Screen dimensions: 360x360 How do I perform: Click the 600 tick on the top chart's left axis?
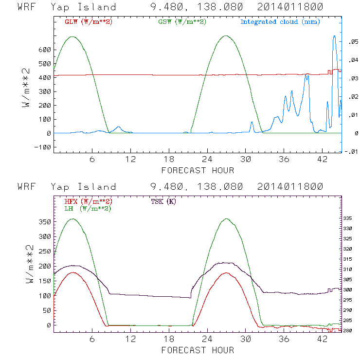click(x=45, y=50)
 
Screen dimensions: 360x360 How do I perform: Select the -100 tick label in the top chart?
click(x=43, y=147)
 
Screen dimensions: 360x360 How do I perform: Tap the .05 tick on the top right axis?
click(x=353, y=42)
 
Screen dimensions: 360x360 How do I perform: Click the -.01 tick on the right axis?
click(x=352, y=151)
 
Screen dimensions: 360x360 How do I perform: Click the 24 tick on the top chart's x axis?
click(x=207, y=160)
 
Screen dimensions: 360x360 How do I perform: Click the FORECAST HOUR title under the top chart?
click(x=198, y=170)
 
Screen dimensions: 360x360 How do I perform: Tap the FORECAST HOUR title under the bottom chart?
click(x=198, y=350)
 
